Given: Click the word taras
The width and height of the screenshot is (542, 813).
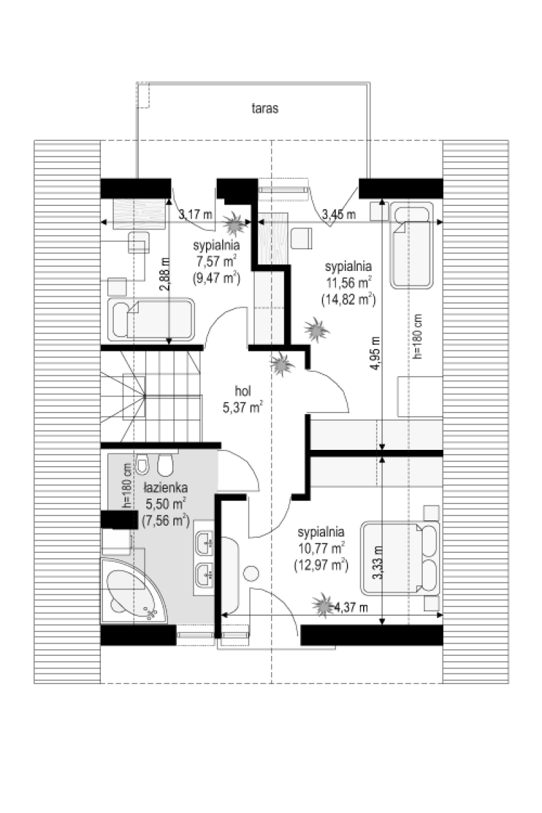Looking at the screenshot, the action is tap(265, 108).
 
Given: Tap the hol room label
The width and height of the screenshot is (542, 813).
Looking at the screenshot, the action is tap(243, 392).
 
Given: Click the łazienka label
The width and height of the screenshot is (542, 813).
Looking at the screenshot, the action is tap(165, 488).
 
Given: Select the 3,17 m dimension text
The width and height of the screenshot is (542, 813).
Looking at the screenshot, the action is tap(195, 214).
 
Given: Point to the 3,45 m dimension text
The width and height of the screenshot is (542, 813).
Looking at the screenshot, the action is tap(339, 214).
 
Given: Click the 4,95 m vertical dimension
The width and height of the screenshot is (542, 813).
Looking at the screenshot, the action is tap(375, 353).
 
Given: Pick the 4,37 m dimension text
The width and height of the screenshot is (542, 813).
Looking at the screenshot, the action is tap(351, 607).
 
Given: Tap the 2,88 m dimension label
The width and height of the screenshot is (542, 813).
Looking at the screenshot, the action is tap(165, 274).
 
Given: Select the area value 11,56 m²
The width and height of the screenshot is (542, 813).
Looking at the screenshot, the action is tap(348, 283).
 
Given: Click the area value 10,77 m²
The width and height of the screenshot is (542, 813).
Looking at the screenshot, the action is tap(321, 548).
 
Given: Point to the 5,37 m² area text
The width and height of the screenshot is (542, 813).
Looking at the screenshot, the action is tap(243, 407).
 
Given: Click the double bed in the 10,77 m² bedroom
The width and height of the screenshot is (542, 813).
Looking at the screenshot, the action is tap(400, 558).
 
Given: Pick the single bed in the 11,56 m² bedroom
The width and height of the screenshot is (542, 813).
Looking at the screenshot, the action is tap(412, 245).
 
